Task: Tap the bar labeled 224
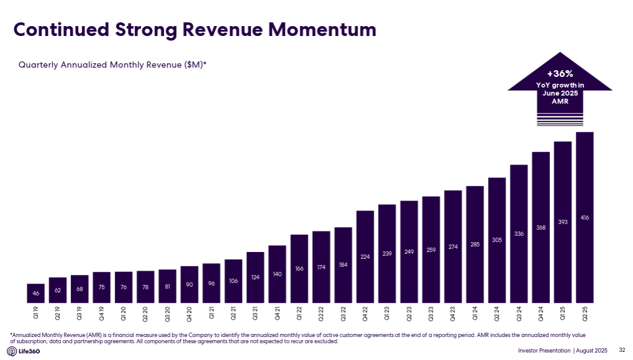click(x=365, y=257)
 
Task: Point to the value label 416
click(x=585, y=217)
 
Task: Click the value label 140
click(x=277, y=274)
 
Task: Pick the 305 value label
click(x=496, y=240)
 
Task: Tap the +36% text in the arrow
click(x=560, y=73)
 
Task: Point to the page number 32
click(x=622, y=351)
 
